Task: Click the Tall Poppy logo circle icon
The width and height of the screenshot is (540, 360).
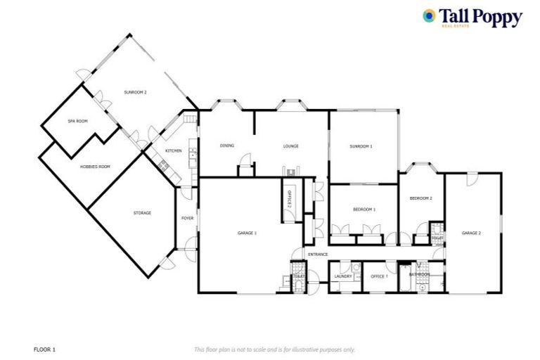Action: [x=429, y=15]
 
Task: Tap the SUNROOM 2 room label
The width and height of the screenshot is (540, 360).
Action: [x=136, y=93]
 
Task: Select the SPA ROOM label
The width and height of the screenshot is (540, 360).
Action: [x=77, y=121]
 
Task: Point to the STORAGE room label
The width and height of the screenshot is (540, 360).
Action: [x=142, y=212]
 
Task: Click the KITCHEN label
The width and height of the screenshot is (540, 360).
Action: [x=174, y=151]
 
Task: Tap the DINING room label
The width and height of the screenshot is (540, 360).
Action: [x=226, y=146]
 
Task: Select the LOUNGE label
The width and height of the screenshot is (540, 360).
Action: [x=291, y=146]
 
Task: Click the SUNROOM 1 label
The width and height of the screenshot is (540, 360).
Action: [x=361, y=146]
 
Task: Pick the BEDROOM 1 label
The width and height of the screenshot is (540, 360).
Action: [x=364, y=210]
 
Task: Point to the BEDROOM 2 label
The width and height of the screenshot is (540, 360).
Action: [x=420, y=198]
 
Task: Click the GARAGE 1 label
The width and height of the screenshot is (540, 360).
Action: [x=246, y=233]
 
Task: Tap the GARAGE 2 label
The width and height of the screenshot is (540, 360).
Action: [x=471, y=233]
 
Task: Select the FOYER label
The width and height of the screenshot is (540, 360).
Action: [x=187, y=219]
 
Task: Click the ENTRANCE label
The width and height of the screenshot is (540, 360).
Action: [x=318, y=253]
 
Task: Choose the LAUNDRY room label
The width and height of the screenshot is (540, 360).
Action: [x=343, y=276]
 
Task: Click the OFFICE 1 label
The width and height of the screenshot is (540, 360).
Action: [x=379, y=276]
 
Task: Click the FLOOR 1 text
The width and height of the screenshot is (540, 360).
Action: [x=44, y=349]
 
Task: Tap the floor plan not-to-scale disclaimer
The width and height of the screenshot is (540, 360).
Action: [x=274, y=349]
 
